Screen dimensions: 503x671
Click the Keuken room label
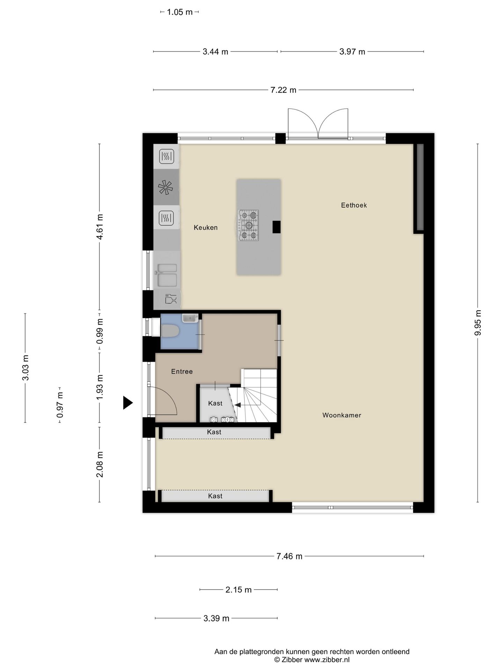(206, 228)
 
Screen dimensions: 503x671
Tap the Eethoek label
(354, 205)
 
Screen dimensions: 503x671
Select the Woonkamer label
(342, 415)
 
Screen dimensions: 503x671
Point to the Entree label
(182, 371)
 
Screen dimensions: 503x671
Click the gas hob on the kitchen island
(248, 225)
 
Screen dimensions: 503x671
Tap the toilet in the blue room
(170, 331)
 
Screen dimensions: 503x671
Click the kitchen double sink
(167, 275)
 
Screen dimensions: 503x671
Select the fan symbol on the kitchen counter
(166, 187)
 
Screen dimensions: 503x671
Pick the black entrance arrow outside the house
(128, 403)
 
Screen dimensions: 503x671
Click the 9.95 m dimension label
(478, 323)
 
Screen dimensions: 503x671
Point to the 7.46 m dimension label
(289, 556)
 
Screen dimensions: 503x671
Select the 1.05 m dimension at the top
(180, 12)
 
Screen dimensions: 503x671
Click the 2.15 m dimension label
(239, 590)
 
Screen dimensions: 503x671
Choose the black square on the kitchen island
(277, 227)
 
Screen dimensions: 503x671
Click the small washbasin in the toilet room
(190, 318)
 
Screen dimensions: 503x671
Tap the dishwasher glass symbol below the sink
(171, 299)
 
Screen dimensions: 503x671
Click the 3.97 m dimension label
(352, 52)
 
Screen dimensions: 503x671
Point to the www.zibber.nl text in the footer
(327, 660)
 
